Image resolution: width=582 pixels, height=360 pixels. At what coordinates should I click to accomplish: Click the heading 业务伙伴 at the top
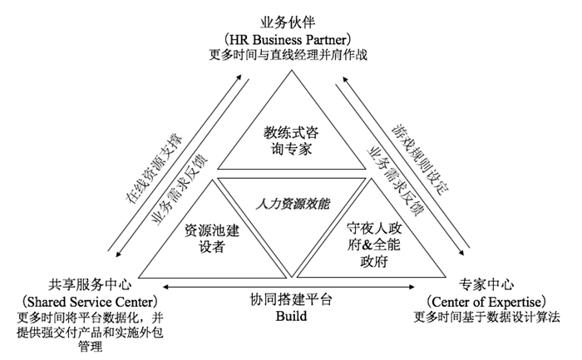point(288,22)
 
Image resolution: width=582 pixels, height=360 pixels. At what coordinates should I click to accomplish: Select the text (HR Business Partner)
point(288,39)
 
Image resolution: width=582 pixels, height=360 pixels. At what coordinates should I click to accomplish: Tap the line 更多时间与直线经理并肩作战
point(288,55)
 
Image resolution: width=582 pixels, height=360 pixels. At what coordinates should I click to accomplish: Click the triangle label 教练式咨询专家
point(291,141)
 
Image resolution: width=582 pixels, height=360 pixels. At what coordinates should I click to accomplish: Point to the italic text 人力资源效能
point(293,204)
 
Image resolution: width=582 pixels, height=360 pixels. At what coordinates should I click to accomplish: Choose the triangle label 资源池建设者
point(212,239)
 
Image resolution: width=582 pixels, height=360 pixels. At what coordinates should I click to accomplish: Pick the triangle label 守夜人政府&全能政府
point(374,245)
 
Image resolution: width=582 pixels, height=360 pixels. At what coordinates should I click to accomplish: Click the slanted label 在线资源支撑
point(154,168)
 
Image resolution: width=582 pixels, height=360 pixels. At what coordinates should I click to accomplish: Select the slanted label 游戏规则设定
point(420,160)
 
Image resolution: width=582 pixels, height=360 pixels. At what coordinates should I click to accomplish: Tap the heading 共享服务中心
point(90,285)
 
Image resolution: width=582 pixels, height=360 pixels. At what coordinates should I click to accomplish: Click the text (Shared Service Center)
point(90,302)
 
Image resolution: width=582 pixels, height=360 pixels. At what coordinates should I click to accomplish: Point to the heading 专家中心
point(486,284)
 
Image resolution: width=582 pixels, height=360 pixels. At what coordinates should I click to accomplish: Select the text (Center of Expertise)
point(486,301)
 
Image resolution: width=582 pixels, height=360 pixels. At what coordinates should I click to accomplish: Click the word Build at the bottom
point(291,316)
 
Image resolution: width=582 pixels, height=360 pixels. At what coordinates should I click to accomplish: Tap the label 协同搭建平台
point(291,299)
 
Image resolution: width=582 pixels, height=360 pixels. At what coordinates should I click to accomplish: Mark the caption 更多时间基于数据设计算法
point(487,318)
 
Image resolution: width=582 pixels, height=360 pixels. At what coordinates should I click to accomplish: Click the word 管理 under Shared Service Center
point(90,347)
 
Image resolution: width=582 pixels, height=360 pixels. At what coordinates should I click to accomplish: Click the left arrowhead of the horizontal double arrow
point(166,287)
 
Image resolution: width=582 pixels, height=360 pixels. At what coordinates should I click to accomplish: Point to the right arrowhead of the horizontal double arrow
point(412,287)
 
